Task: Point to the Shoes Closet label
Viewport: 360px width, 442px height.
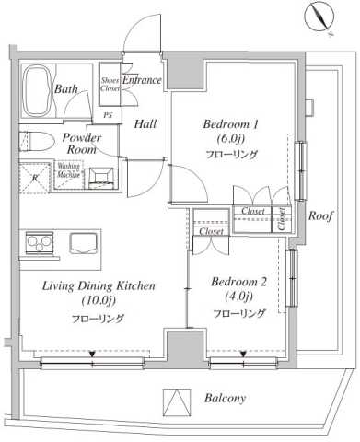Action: pos(110,86)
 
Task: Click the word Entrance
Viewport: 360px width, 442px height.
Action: pos(142,81)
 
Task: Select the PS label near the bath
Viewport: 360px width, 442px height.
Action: pos(108,115)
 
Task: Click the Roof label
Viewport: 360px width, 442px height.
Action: pos(320,216)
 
